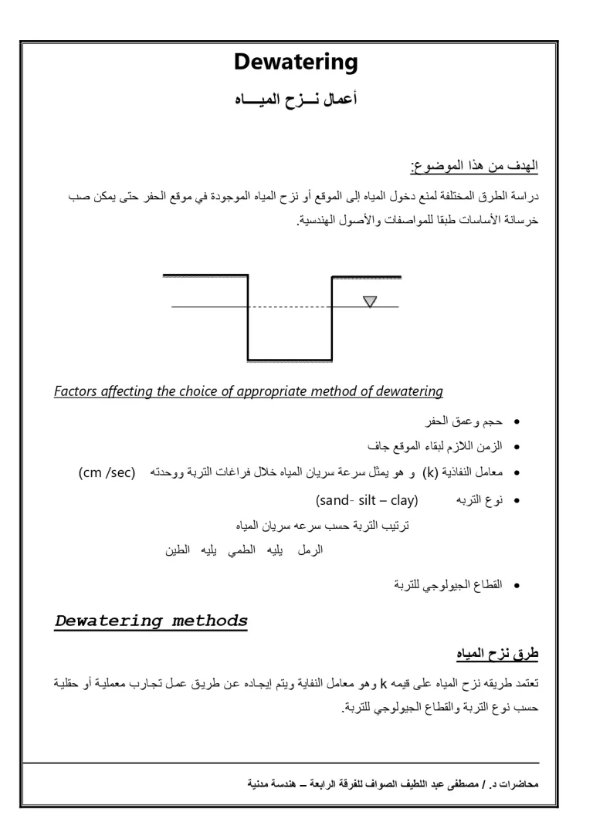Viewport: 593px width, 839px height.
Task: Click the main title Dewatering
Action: [296, 63]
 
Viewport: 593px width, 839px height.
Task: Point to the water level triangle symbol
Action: [371, 300]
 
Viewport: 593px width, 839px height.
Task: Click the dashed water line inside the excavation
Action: [290, 307]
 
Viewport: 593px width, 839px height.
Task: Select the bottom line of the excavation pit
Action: [290, 360]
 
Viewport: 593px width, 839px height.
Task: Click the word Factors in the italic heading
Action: [76, 392]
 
